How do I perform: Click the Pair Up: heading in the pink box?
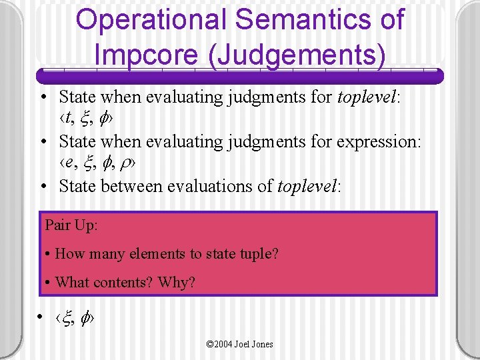tap(71, 225)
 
